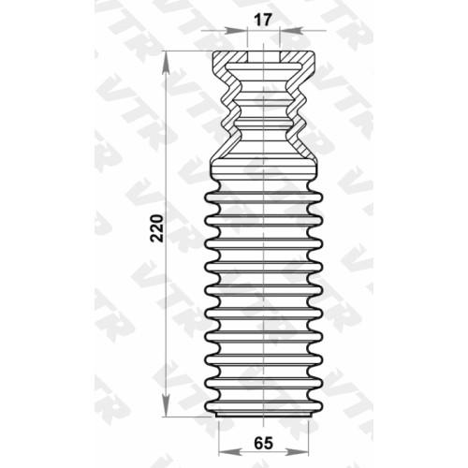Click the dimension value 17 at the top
[x=262, y=21]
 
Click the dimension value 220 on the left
[x=156, y=228]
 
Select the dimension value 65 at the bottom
[x=263, y=443]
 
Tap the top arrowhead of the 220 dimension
[x=167, y=65]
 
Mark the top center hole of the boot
[x=264, y=57]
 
